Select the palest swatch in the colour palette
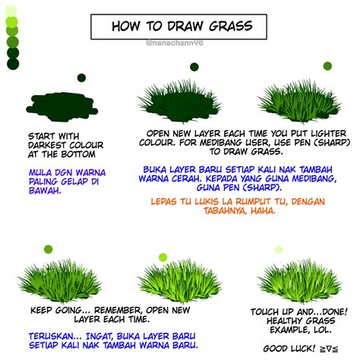[x=12, y=10]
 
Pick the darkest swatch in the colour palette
[x=12, y=65]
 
